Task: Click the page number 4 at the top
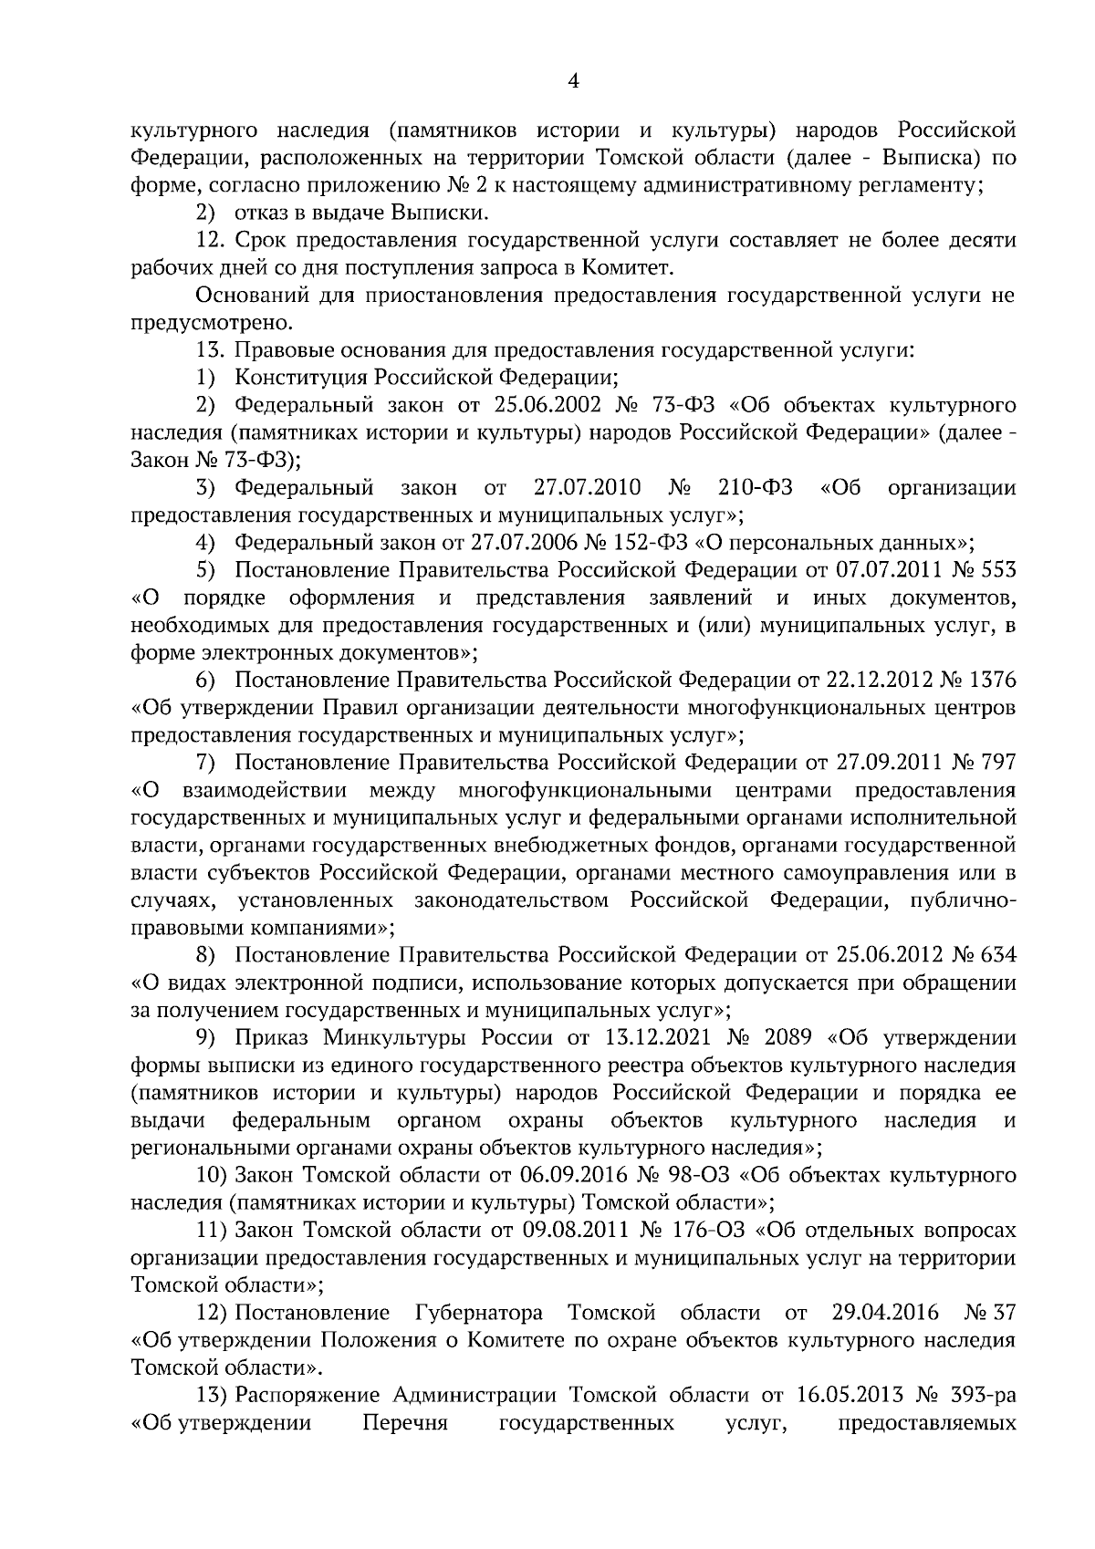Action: [x=573, y=82]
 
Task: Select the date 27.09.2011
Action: [x=884, y=762]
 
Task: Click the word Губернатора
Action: [x=479, y=1313]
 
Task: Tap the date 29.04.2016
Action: [x=885, y=1313]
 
